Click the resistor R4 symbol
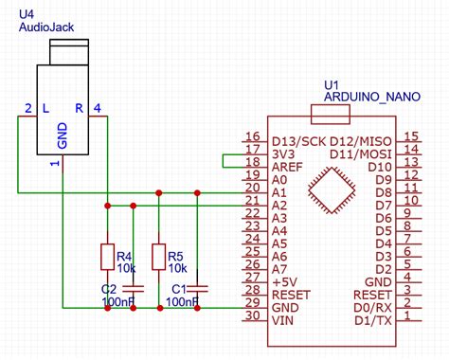pos(107,257)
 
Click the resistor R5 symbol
pos(160,257)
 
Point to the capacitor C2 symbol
pos(134,286)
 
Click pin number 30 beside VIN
pos(251,319)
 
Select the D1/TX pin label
pos(370,320)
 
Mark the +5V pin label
pos(284,282)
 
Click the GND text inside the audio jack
pos(63,135)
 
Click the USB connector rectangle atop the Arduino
pos(332,117)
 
